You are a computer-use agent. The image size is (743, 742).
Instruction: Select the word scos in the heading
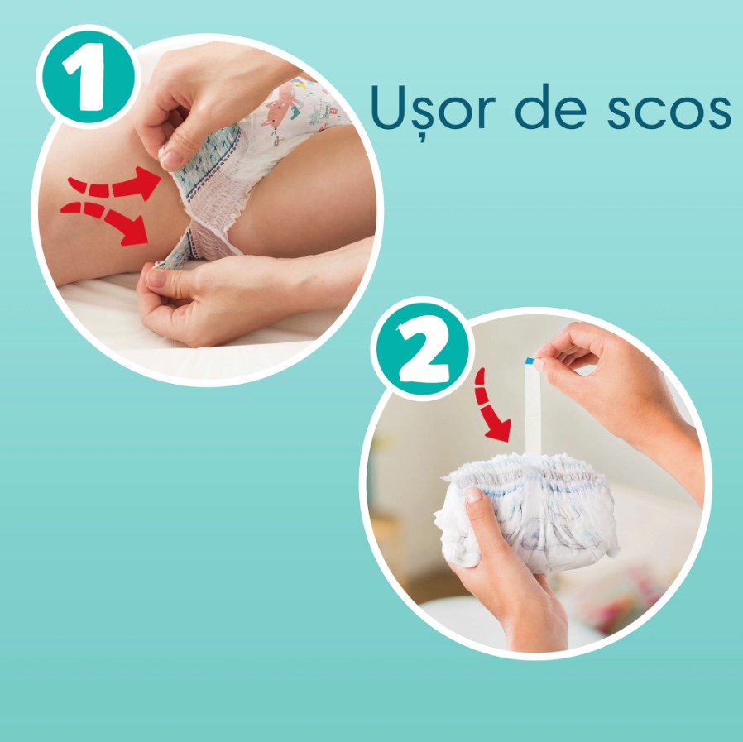tap(669, 112)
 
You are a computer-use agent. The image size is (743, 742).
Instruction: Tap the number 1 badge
tap(87, 77)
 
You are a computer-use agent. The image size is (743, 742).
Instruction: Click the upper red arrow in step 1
tap(115, 184)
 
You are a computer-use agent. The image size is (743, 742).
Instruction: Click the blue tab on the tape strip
tap(530, 361)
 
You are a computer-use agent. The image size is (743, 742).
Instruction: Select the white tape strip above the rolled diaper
tap(532, 409)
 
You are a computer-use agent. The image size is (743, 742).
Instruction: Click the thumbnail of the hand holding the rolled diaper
tap(473, 495)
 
